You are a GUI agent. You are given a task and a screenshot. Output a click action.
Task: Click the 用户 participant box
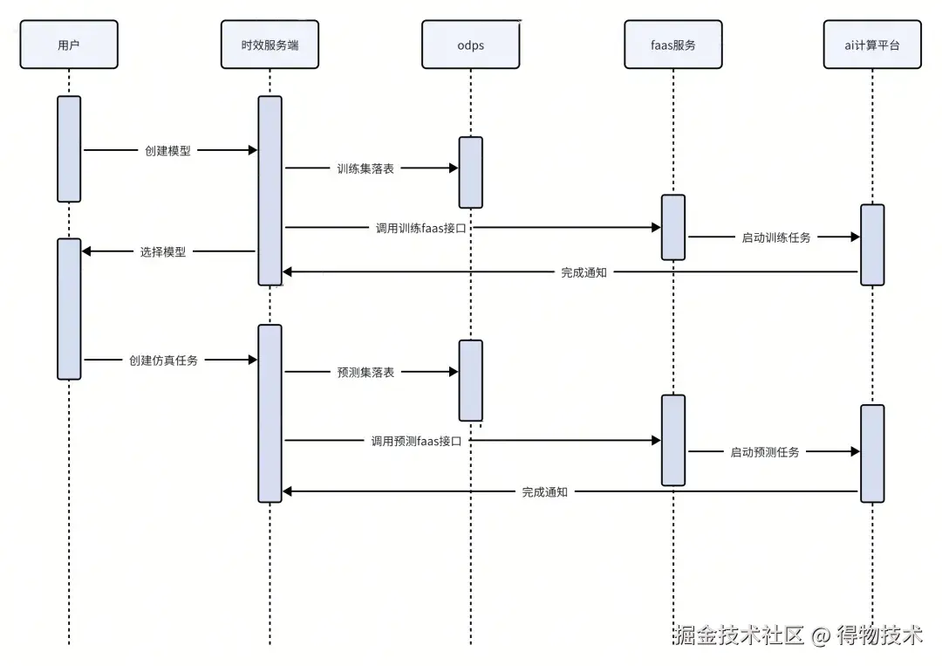click(x=68, y=45)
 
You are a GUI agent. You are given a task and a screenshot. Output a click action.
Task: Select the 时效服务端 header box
click(x=270, y=45)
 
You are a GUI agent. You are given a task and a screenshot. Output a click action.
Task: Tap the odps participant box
click(x=470, y=45)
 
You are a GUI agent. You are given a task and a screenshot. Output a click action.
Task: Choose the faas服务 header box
click(x=672, y=45)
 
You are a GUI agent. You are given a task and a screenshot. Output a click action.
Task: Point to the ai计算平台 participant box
click(x=872, y=45)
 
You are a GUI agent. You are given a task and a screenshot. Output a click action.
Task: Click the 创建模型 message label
click(x=167, y=150)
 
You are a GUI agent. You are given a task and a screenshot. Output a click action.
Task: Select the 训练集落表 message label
click(x=365, y=168)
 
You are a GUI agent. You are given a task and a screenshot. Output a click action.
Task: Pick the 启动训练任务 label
click(x=775, y=237)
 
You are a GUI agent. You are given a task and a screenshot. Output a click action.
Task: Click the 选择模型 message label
click(x=163, y=251)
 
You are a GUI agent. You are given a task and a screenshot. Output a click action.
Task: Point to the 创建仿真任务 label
click(x=163, y=360)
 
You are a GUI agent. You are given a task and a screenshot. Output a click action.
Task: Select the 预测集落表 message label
click(x=365, y=372)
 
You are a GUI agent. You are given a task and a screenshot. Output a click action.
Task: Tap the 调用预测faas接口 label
click(x=415, y=441)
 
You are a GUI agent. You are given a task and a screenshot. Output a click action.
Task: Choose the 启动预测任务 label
click(x=764, y=452)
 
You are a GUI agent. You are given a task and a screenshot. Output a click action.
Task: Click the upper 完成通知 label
click(x=584, y=272)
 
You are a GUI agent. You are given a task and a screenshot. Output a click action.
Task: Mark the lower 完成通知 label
click(x=544, y=492)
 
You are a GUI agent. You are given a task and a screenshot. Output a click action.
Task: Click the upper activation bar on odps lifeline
click(x=470, y=172)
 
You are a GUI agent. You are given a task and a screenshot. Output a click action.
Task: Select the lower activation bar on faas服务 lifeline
click(x=672, y=440)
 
